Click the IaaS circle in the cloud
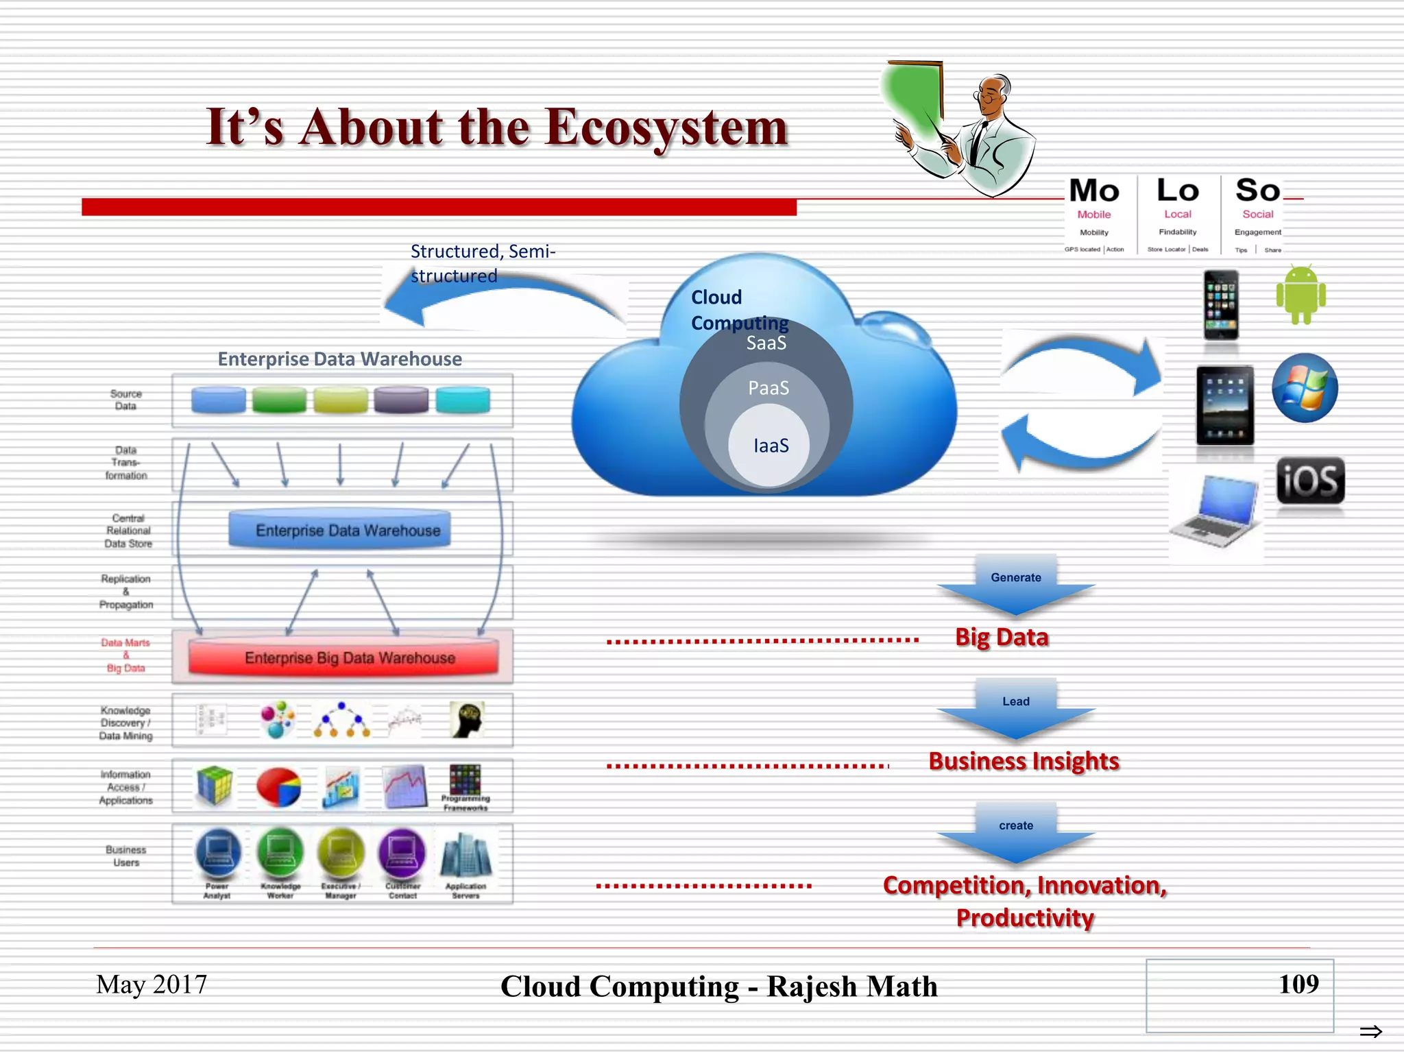(x=769, y=446)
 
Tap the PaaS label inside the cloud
(x=768, y=388)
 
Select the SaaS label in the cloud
(x=766, y=343)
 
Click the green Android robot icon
(x=1300, y=295)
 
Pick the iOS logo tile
(x=1310, y=481)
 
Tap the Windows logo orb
(x=1305, y=388)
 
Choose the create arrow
(x=1016, y=832)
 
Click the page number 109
(x=1298, y=984)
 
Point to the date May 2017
(x=152, y=984)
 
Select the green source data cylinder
(x=279, y=400)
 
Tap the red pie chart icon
(x=278, y=786)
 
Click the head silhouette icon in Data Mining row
(x=468, y=720)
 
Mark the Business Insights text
(x=1024, y=762)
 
